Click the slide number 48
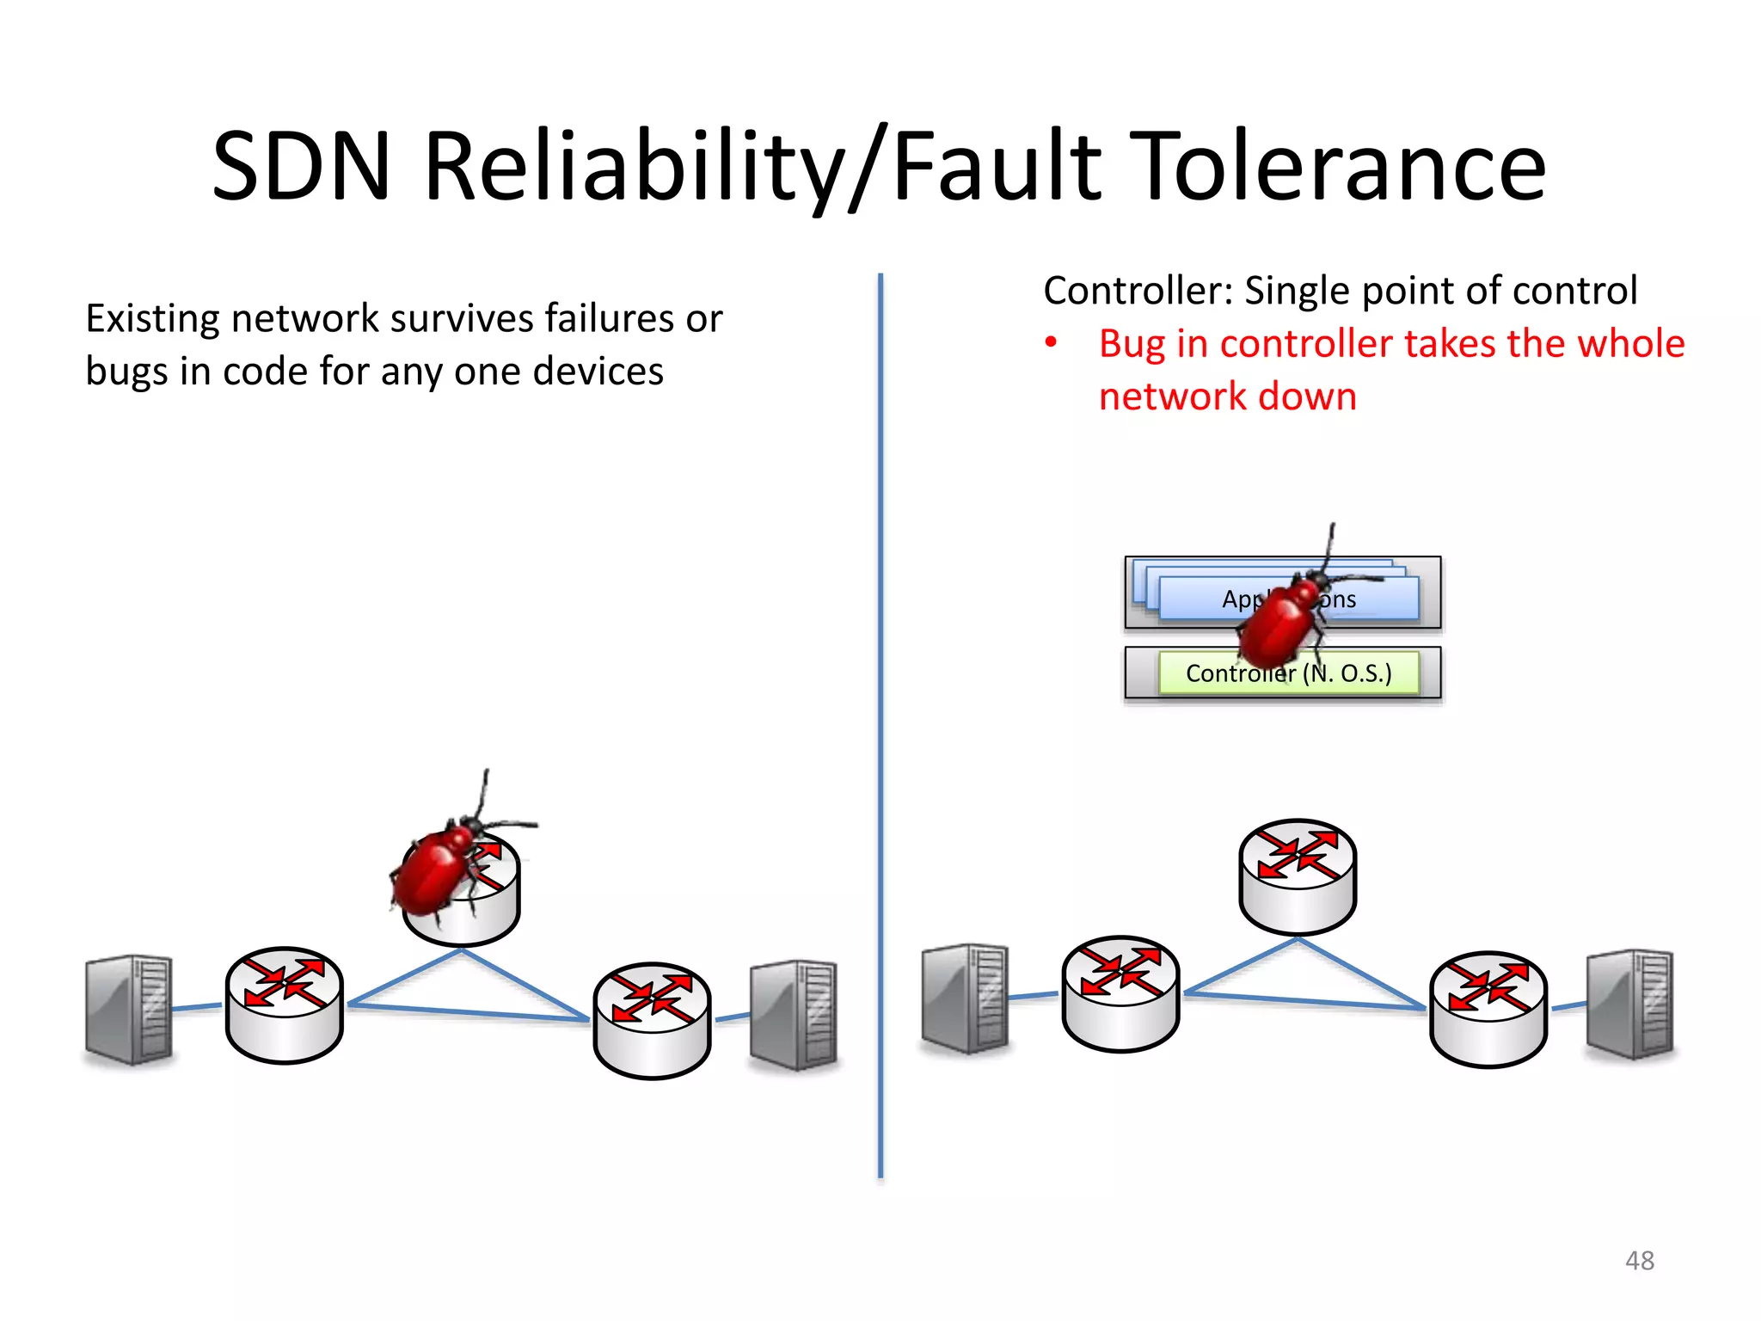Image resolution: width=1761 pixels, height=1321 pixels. (1639, 1260)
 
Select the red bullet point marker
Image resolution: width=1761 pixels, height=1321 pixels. (1050, 343)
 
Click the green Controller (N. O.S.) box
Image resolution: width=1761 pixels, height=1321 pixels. (1287, 673)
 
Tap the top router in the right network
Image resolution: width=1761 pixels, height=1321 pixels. (1297, 876)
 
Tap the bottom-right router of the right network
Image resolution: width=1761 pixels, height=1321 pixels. (1488, 1008)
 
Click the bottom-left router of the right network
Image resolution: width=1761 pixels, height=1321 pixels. (1120, 993)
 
